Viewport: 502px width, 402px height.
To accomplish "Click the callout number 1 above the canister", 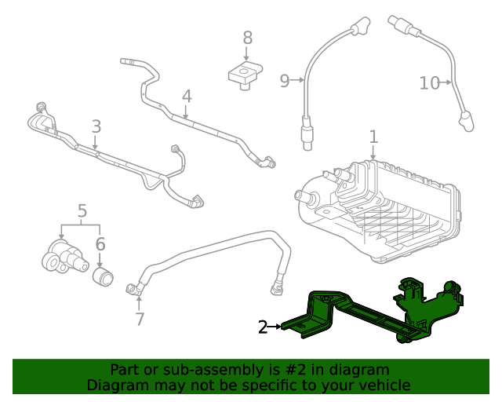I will (x=373, y=137).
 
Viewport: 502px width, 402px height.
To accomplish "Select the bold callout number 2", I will (x=264, y=327).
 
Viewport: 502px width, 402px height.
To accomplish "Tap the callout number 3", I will (x=96, y=126).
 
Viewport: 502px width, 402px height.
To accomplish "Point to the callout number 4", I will (x=186, y=97).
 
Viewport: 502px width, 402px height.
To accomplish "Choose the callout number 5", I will (x=82, y=210).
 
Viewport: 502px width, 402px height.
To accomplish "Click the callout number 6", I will (x=100, y=244).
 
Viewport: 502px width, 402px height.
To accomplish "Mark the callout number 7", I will (x=139, y=319).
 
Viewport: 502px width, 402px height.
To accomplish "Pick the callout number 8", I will (x=247, y=37).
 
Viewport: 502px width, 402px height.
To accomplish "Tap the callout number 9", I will (x=285, y=79).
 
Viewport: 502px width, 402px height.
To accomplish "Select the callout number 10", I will (x=429, y=82).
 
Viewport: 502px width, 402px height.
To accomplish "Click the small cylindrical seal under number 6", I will (x=104, y=276).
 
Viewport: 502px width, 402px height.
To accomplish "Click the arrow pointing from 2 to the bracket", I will (x=275, y=327).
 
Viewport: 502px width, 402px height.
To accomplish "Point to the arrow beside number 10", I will (x=448, y=82).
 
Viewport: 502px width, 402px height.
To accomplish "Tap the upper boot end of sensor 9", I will (x=360, y=30).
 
